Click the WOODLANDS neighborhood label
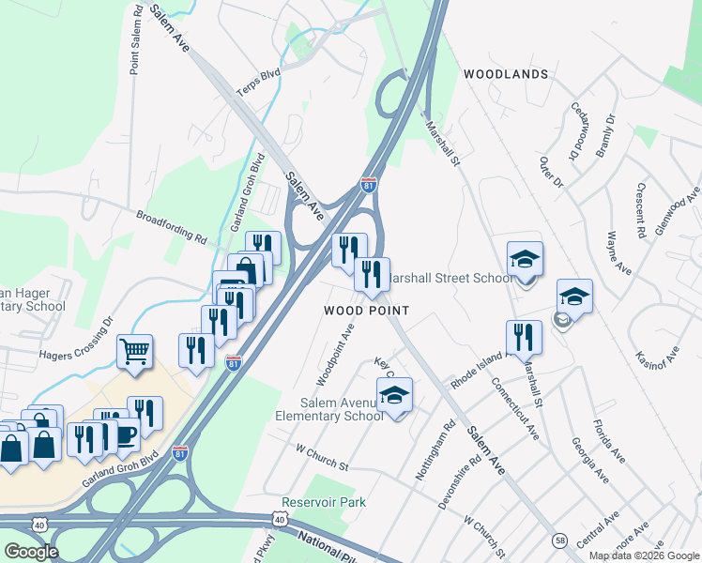505,74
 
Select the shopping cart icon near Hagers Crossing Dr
135,353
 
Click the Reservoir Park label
324,503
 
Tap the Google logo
31,551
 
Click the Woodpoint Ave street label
335,356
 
